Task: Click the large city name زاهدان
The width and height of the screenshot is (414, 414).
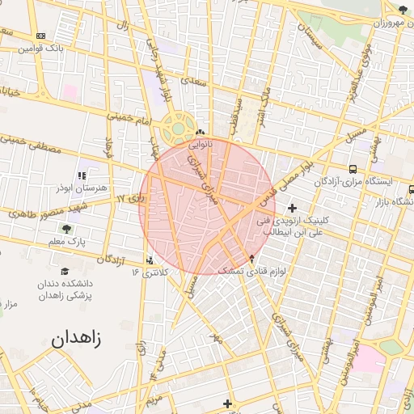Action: [x=77, y=340]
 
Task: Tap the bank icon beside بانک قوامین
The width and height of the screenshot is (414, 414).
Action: [x=41, y=36]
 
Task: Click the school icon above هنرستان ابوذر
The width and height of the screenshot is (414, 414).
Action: [x=81, y=175]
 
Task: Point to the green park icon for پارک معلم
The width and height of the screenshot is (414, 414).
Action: [x=78, y=230]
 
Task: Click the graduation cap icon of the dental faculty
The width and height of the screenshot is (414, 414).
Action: [x=65, y=272]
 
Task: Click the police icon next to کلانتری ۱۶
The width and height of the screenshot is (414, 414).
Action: [x=150, y=260]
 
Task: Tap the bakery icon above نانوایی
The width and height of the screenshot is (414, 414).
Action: [x=200, y=133]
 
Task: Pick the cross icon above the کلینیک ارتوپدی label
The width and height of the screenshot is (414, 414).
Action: [x=292, y=208]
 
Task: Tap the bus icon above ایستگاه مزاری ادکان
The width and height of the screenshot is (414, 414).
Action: [x=353, y=169]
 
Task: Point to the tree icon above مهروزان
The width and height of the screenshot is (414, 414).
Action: [x=403, y=10]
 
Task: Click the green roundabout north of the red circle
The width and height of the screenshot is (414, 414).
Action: [x=177, y=128]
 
